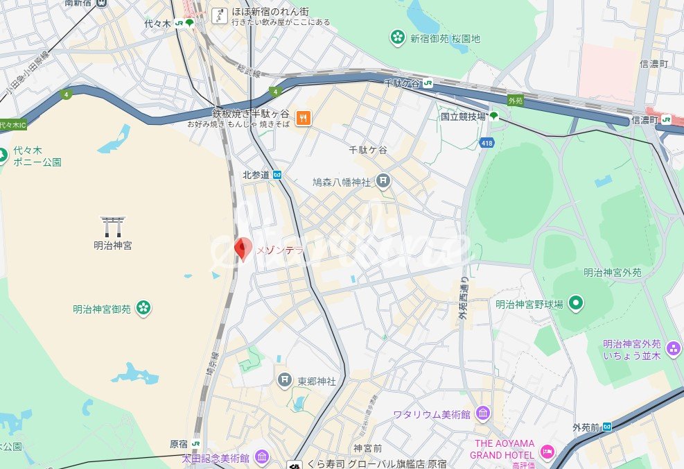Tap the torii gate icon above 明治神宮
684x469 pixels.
[113, 225]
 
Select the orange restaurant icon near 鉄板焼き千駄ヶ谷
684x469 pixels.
[303, 118]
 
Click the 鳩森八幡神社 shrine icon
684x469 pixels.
[383, 182]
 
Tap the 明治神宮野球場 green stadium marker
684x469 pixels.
[575, 303]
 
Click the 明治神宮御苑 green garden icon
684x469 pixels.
[143, 307]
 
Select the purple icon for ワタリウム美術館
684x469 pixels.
[483, 414]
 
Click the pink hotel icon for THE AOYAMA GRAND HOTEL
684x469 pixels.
[547, 452]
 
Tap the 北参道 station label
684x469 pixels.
[255, 175]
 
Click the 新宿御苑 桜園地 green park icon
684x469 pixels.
[398, 37]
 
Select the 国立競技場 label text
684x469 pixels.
[463, 117]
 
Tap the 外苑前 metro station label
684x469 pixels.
[586, 427]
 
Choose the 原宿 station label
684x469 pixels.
[178, 444]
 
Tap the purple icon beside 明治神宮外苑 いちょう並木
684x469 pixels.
[673, 348]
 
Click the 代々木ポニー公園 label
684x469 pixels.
[37, 156]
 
